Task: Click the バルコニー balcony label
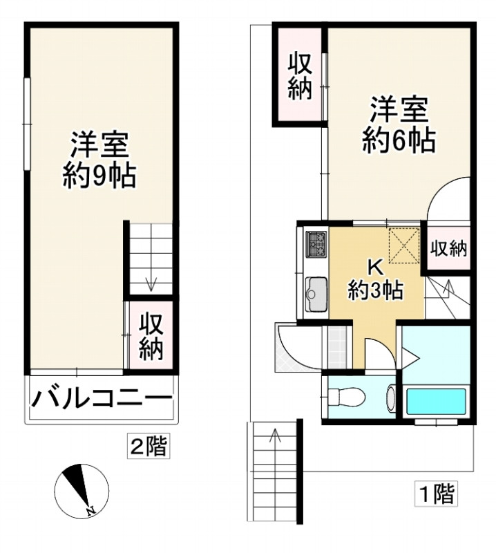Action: pos(100,400)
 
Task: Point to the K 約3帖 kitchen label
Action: pos(375,279)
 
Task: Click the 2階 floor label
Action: pos(149,446)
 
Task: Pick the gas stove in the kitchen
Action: pos(317,244)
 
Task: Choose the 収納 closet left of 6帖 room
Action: pos(301,77)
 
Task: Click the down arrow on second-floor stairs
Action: pos(152,283)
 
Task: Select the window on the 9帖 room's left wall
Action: pos(26,122)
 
